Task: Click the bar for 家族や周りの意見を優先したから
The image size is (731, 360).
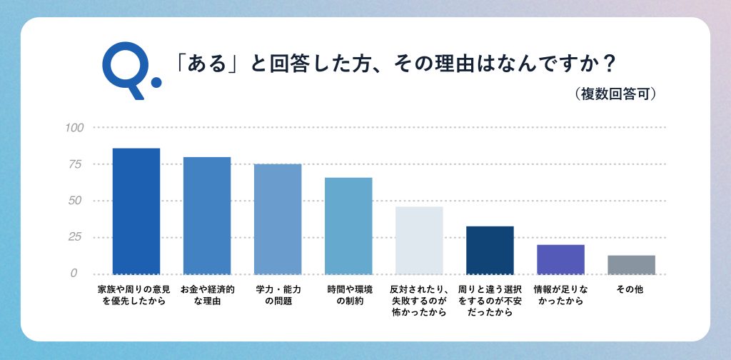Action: click(x=136, y=211)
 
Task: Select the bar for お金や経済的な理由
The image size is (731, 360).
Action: click(x=206, y=215)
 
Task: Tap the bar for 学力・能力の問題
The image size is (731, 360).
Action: click(x=278, y=219)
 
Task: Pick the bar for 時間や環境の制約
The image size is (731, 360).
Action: click(x=348, y=226)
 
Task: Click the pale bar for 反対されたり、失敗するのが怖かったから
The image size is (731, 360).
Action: click(x=419, y=240)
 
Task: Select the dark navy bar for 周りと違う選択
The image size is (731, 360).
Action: click(x=490, y=250)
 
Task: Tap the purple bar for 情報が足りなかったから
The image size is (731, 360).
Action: click(x=560, y=259)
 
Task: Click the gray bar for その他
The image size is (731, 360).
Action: click(x=631, y=264)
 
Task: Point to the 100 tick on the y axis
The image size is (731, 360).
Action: click(x=74, y=128)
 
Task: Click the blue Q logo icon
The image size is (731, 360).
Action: click(x=130, y=69)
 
